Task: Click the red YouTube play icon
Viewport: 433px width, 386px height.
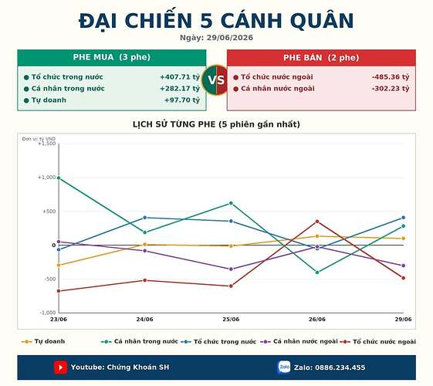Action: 60,367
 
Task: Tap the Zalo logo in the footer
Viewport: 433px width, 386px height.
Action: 284,367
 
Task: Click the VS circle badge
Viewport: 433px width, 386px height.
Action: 216,80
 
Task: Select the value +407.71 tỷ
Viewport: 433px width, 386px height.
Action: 180,77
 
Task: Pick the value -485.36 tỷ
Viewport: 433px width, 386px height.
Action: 391,77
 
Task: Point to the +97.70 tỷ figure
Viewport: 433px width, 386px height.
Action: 182,100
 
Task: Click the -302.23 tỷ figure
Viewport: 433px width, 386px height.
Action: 391,89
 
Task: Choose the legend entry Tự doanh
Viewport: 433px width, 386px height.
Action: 43,341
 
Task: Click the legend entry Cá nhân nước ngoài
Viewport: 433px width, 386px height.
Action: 299,341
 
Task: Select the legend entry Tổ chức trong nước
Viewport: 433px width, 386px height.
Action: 218,341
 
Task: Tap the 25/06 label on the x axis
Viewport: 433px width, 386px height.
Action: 231,320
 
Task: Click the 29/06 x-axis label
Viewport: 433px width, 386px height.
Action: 403,320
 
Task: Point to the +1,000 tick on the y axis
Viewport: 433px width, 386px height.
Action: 46,178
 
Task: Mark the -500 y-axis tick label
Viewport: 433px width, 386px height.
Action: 50,279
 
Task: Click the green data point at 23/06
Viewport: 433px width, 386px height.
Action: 59,178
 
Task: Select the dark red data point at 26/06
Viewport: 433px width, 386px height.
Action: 317,222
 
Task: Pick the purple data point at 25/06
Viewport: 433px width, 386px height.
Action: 231,269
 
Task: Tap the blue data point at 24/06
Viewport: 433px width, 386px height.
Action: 144,218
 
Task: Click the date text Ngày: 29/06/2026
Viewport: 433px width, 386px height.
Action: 216,38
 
